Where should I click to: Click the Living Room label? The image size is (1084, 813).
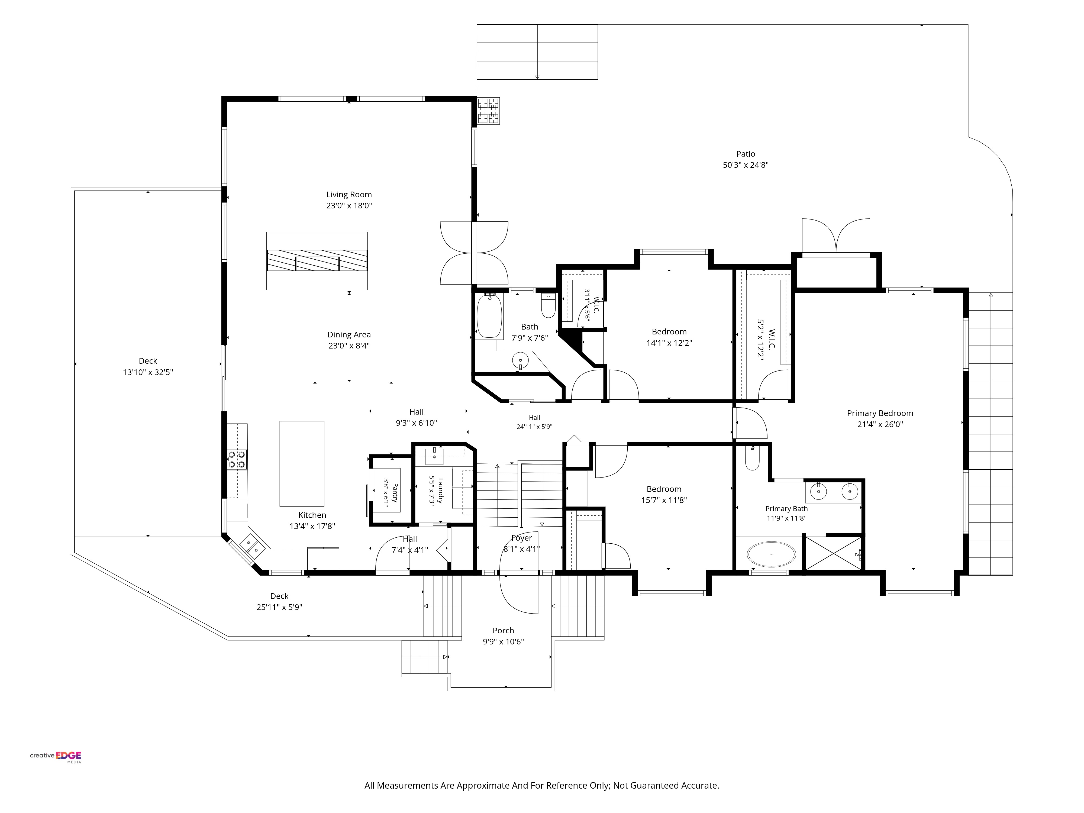pos(349,195)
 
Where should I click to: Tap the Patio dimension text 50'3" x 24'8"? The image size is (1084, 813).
pos(745,165)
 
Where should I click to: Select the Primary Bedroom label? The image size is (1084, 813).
pos(880,413)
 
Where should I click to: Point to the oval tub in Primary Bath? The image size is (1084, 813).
pos(771,554)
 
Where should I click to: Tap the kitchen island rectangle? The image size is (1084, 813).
pos(302,464)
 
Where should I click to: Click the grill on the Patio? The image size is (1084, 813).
pos(489,111)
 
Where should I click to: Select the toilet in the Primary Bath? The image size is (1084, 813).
pos(752,458)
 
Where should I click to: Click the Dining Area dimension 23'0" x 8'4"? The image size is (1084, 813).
pos(349,346)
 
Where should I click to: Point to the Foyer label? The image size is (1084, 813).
pos(521,538)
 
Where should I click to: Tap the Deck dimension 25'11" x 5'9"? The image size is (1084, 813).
pos(279,607)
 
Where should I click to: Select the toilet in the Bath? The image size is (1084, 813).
pos(549,306)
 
